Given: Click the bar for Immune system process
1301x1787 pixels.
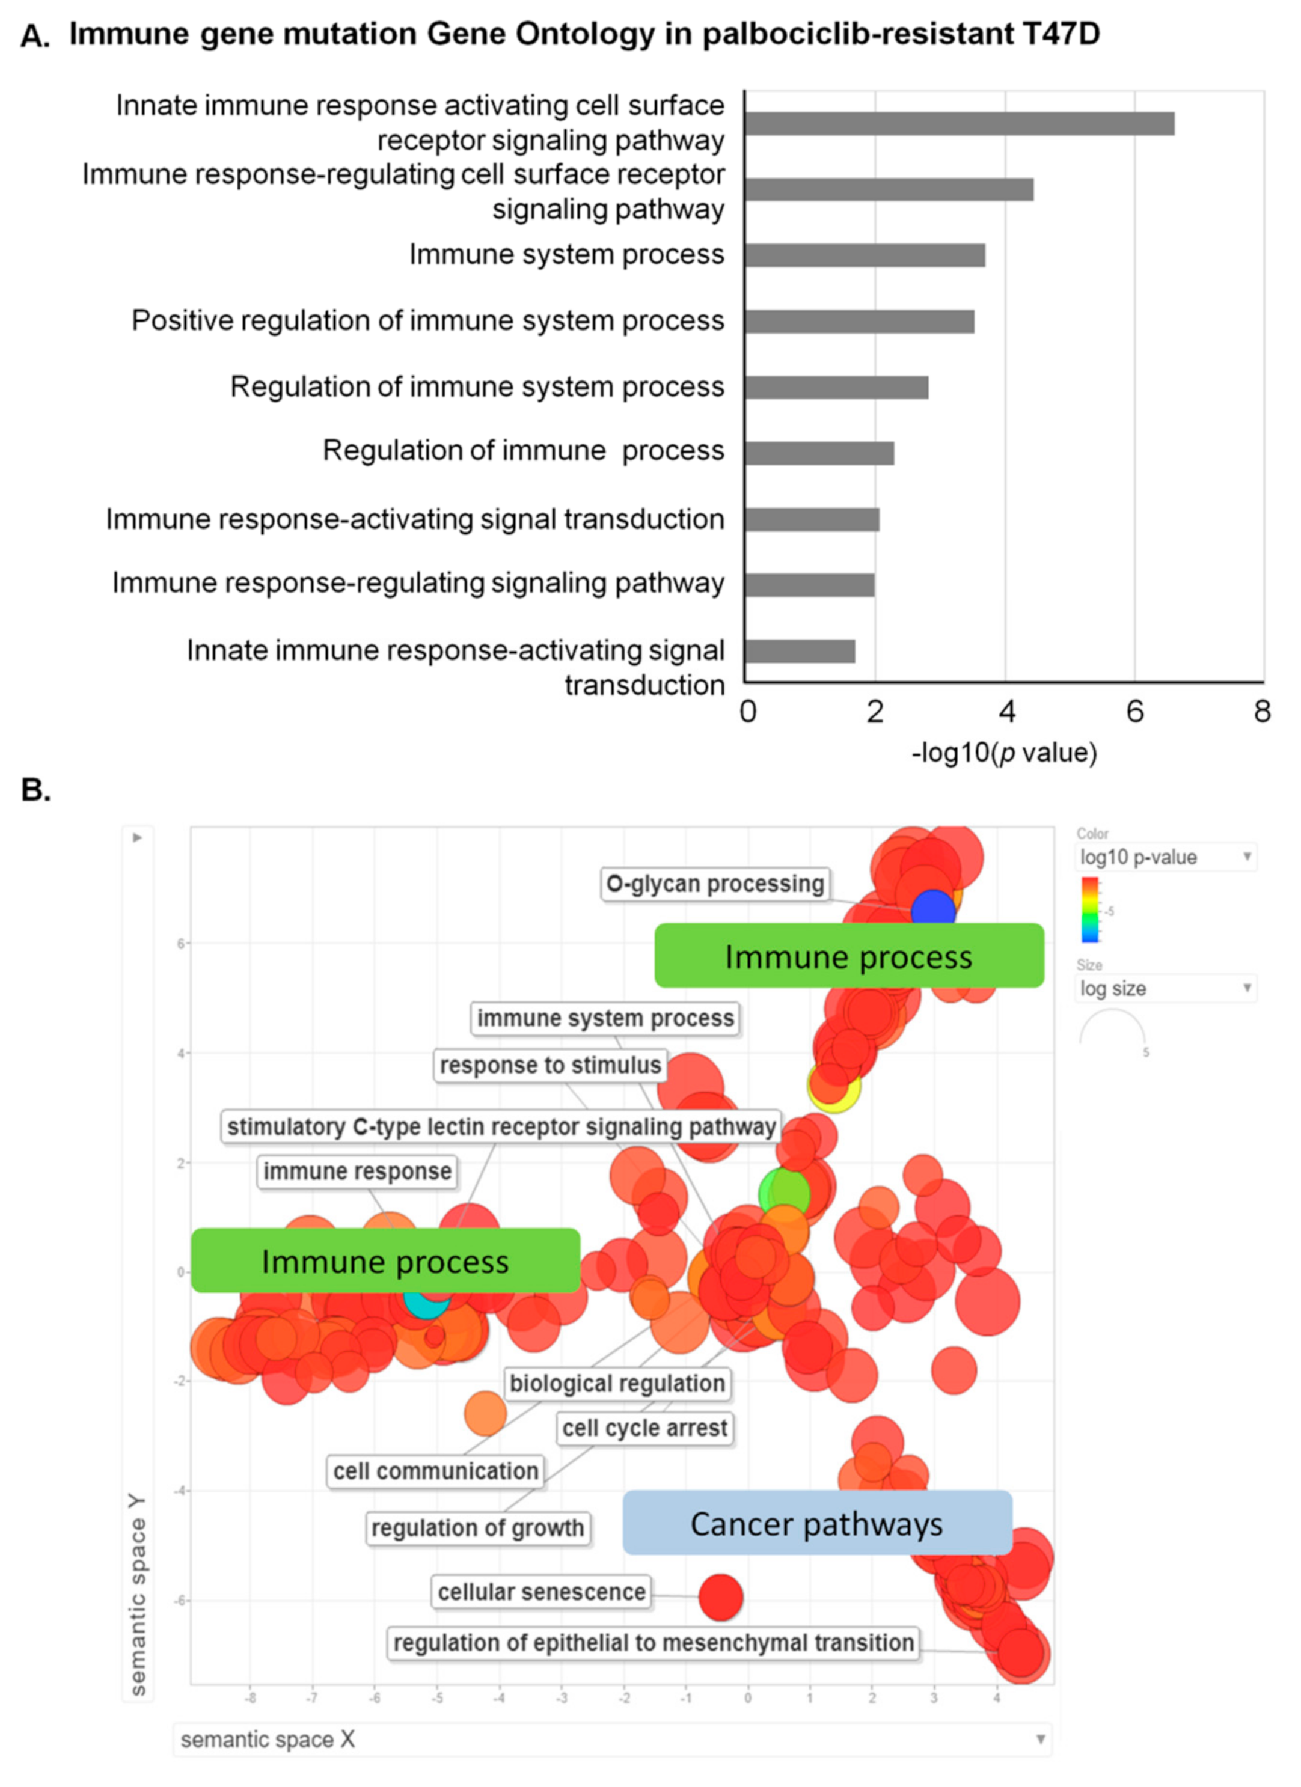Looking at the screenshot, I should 865,255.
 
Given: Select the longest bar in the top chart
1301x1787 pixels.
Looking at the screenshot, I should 959,124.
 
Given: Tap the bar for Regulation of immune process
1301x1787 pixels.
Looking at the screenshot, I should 819,453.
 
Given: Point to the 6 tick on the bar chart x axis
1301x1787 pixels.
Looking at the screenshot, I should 1134,712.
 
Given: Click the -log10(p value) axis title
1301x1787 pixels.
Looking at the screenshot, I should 1004,753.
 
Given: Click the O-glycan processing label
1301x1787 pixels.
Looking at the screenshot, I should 715,884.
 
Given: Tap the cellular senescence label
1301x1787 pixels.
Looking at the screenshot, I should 541,1592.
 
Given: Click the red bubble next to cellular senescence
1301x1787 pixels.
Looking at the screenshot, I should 720,1596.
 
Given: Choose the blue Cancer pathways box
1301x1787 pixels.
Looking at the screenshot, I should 817,1524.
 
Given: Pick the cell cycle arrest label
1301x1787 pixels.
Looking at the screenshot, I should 644,1427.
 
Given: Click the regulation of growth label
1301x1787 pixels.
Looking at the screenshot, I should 477,1528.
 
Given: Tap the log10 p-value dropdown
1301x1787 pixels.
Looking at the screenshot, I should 1165,857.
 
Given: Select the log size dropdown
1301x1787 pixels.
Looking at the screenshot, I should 1165,988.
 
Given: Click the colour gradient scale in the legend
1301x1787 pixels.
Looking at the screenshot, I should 1090,909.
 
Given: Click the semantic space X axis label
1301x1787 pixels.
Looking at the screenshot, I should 268,1739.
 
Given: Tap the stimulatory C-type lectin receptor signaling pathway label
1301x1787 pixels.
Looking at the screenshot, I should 501,1127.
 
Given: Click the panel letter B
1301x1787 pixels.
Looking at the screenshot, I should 35,789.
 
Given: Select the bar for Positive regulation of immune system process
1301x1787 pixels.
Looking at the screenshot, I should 859,322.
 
